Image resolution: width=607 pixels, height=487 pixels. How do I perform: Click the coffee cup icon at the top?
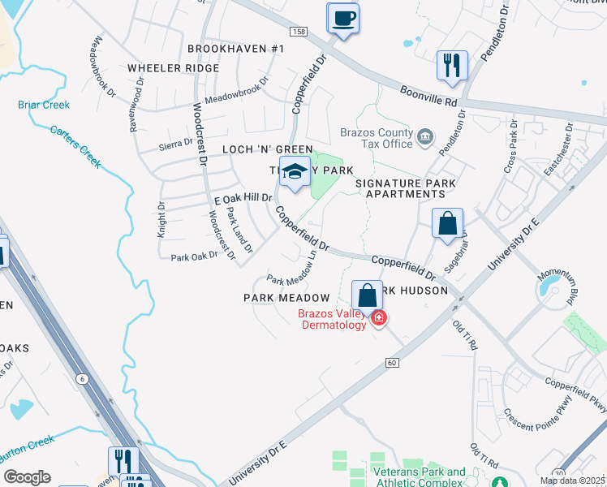coord(342,18)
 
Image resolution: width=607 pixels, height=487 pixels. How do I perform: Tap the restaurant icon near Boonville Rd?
coord(451,65)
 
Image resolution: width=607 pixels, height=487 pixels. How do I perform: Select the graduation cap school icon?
coord(294,172)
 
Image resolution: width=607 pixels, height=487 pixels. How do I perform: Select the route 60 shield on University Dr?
coord(392,362)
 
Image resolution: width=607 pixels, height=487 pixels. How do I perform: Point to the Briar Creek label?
coord(44,106)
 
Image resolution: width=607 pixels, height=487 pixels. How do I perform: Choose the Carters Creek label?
coord(75,146)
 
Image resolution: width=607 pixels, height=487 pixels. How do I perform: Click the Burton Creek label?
coord(28,443)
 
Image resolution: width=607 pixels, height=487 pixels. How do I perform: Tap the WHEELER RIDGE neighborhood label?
coord(172,69)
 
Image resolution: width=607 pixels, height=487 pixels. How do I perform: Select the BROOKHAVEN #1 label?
coord(236,50)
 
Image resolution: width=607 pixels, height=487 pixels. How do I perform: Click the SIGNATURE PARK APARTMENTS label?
coord(406,188)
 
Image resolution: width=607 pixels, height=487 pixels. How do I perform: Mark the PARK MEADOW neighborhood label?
coord(286,299)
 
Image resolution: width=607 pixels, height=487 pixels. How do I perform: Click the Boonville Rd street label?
coord(429,93)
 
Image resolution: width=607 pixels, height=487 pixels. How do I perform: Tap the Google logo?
coord(27,477)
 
